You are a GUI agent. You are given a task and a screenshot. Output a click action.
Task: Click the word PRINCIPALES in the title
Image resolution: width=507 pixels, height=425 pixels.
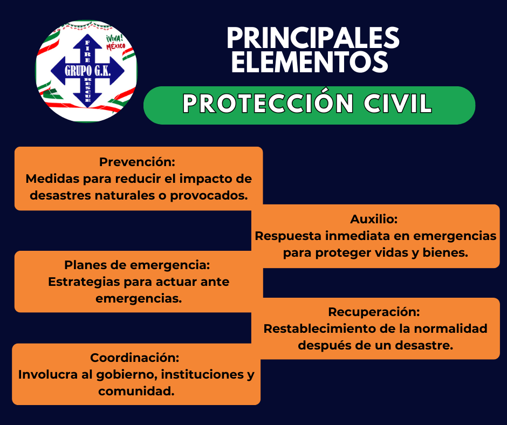pos(313,38)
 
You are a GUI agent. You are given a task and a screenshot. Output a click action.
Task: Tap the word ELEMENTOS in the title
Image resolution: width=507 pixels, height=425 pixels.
pos(310,62)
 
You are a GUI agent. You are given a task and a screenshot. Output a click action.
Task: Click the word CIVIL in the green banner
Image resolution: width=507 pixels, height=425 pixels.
pos(398,104)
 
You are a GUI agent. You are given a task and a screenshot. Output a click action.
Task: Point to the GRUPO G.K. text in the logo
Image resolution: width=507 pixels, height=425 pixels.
pos(87,71)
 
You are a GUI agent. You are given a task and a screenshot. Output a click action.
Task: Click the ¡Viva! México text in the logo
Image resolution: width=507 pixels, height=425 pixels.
pos(116,43)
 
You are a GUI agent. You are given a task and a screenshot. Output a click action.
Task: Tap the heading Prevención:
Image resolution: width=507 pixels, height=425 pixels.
pos(137,162)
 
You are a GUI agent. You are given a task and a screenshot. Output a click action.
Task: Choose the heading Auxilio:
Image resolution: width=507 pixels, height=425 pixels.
pos(374,219)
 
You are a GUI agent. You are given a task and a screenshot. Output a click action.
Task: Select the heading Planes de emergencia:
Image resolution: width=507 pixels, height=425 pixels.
pos(137,265)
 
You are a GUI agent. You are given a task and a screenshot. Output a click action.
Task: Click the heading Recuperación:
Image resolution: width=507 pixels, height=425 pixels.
pos(374,312)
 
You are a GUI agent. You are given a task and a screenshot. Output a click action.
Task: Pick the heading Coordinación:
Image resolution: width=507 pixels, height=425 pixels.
pos(134,358)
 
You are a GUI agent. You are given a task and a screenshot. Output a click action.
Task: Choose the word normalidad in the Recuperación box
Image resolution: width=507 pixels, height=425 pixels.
pos(450,328)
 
